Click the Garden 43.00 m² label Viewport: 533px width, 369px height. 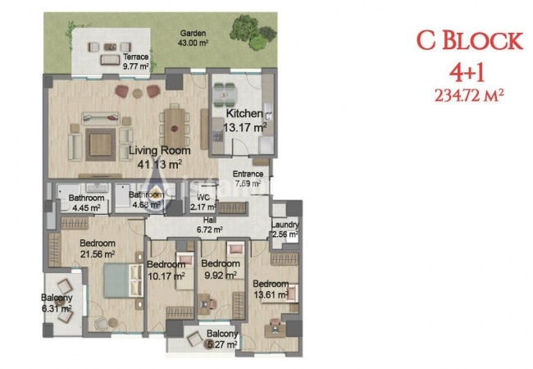tap(187, 39)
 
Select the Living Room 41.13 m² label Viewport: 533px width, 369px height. tap(160, 157)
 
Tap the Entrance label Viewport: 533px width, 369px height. tap(248, 179)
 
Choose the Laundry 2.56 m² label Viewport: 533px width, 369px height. tap(285, 230)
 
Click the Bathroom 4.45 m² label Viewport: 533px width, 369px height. tap(86, 203)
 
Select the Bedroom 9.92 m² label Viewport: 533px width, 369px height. tap(221, 269)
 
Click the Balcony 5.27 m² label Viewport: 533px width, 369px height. tap(221, 339)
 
